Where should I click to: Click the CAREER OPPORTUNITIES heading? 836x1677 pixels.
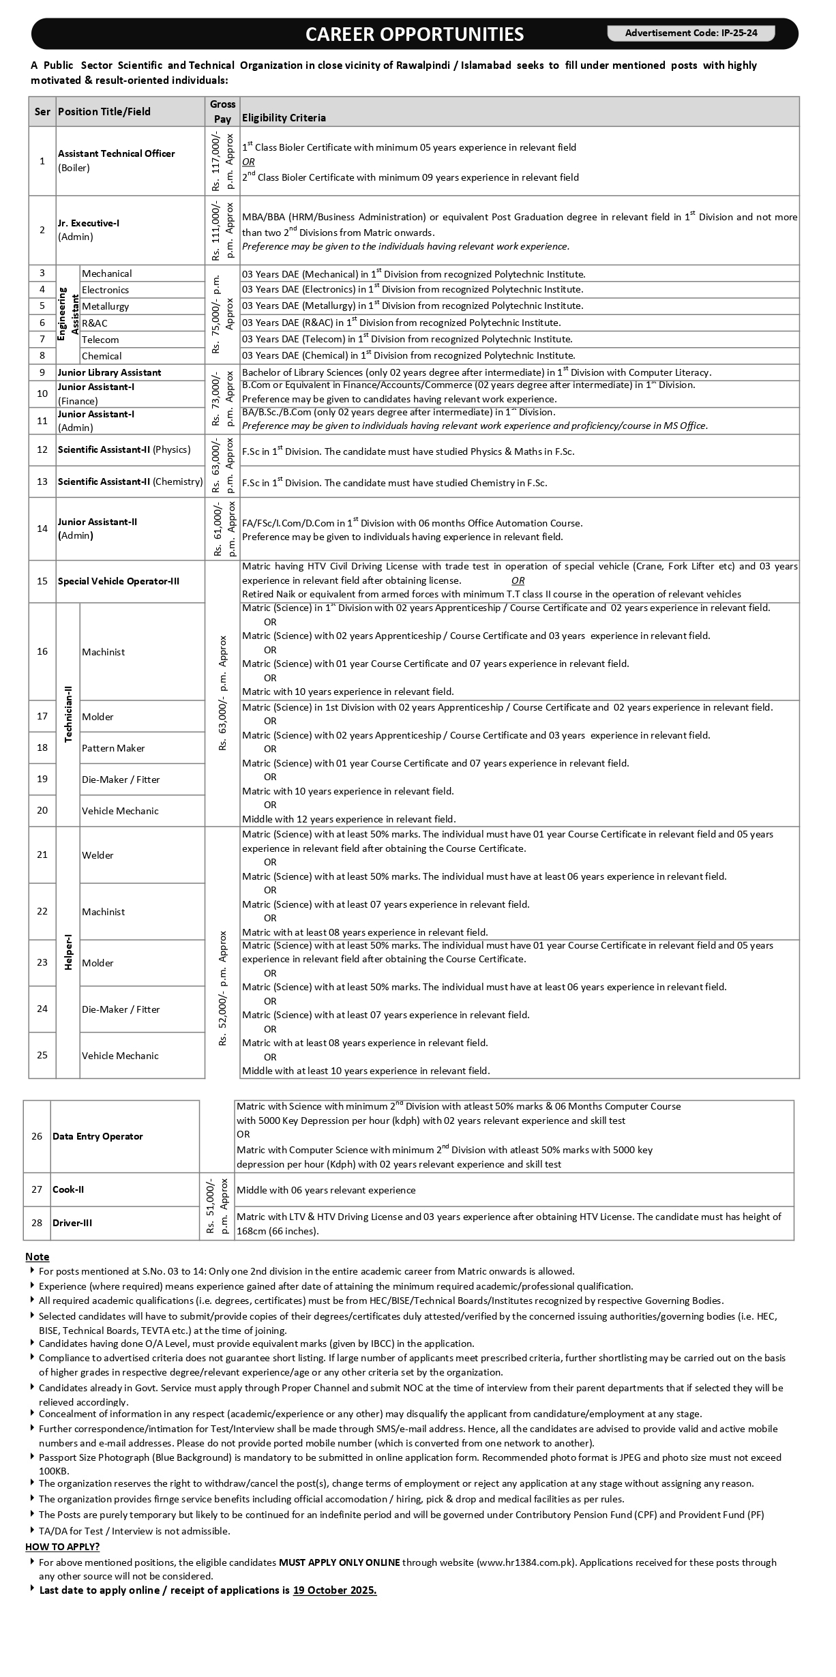[x=414, y=34]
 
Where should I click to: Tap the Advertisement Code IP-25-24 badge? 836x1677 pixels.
[x=691, y=33]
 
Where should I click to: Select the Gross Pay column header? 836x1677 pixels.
[x=222, y=112]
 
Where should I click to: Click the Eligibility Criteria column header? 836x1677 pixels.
[x=284, y=118]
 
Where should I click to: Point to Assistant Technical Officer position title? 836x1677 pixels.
[x=116, y=154]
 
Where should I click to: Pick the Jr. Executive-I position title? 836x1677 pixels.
[x=89, y=223]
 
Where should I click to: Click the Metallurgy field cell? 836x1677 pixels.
[x=105, y=306]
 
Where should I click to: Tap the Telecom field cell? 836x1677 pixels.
[x=100, y=340]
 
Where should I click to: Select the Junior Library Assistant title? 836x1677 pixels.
[x=109, y=372]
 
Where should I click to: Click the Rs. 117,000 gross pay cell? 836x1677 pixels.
[x=222, y=161]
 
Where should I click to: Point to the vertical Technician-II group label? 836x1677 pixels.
[x=68, y=714]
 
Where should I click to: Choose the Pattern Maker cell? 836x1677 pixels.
[x=113, y=748]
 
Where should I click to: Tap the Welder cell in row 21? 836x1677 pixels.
[x=98, y=855]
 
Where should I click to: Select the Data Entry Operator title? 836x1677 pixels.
[x=98, y=1136]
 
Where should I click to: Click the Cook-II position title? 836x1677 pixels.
[x=68, y=1189]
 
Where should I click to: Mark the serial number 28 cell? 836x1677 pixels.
[x=37, y=1223]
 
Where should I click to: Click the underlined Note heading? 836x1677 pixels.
[x=37, y=1256]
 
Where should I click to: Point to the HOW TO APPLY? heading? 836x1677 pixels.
[x=62, y=1547]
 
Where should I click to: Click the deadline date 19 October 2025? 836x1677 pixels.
[x=335, y=1590]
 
